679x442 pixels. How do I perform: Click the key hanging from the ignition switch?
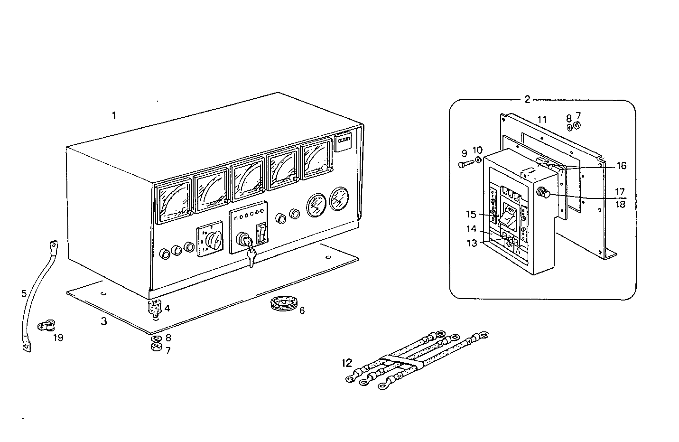coord(251,258)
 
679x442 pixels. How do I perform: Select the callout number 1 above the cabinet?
coord(114,115)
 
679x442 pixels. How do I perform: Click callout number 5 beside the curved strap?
coord(24,294)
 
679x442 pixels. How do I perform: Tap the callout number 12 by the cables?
coord(347,363)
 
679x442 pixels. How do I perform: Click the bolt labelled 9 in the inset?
coord(465,165)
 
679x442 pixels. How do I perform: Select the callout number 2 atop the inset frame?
coord(528,100)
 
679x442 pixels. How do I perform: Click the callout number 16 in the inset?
coord(622,166)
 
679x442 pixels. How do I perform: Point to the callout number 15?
coord(471,215)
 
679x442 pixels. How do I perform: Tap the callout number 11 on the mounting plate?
coord(542,119)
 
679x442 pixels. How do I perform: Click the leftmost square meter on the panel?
coord(173,201)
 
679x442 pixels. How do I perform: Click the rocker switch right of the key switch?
coord(261,231)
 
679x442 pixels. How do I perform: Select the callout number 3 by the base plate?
coord(104,321)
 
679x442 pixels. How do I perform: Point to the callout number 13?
coord(471,243)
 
